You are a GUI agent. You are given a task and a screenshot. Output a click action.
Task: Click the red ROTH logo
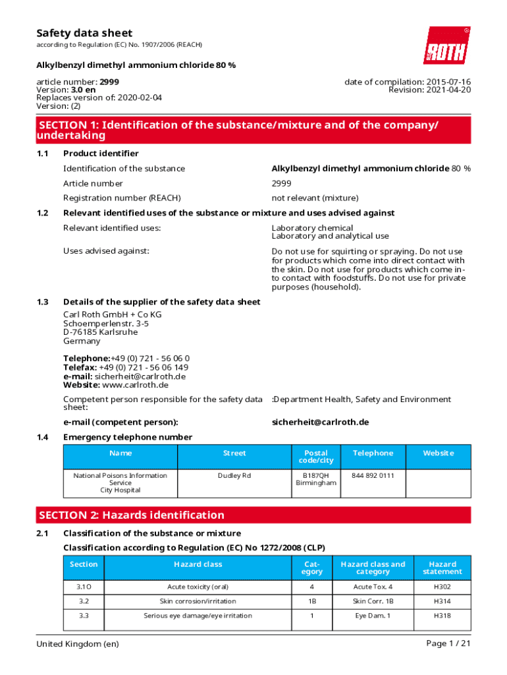[446, 45]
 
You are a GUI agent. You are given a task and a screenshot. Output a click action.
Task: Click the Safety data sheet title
[84, 33]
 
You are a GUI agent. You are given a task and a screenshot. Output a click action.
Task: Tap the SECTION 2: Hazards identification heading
[132, 515]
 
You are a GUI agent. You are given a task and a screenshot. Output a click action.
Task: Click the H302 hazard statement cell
[442, 587]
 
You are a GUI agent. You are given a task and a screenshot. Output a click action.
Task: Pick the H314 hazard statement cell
[442, 601]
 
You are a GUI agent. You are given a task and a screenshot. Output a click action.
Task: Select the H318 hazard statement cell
[442, 616]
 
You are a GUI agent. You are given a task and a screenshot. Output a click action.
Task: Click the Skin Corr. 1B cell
[373, 601]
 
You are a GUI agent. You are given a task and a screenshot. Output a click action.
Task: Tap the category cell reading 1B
[311, 601]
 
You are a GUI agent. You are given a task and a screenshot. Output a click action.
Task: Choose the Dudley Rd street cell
[234, 475]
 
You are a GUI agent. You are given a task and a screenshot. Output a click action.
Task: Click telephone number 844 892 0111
[373, 475]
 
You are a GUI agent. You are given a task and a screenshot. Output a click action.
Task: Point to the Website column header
[438, 453]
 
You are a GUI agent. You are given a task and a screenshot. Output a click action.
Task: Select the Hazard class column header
[198, 564]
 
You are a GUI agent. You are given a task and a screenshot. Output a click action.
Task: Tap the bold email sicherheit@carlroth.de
[320, 422]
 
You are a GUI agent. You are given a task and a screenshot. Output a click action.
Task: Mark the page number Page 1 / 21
[448, 643]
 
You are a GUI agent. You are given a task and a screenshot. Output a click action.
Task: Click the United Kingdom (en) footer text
[78, 643]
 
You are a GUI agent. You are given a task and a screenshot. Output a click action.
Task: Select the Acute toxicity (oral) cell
[198, 587]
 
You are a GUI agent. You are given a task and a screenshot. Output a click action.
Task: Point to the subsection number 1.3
[43, 302]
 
